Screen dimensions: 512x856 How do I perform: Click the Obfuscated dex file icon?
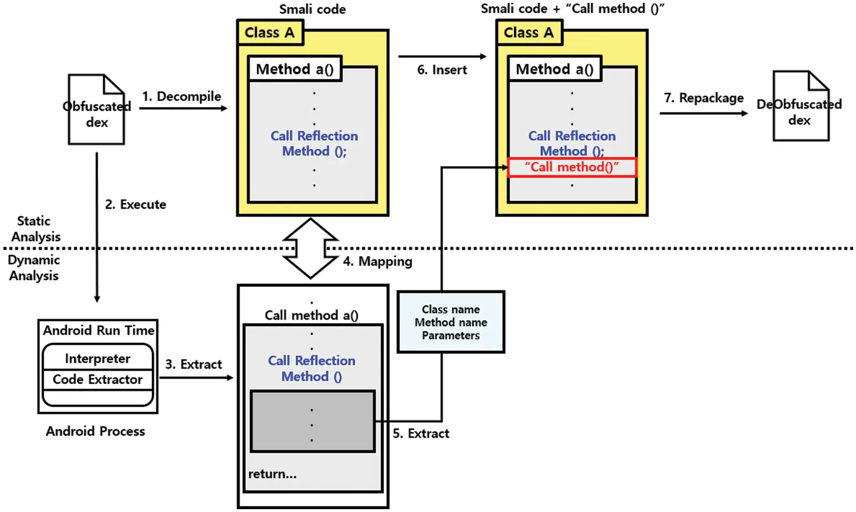[x=96, y=110]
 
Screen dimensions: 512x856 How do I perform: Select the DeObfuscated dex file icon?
[x=800, y=107]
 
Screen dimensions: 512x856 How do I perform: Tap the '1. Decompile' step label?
[x=181, y=96]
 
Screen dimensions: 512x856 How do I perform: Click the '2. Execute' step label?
[x=135, y=204]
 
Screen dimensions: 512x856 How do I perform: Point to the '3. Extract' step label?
[x=193, y=364]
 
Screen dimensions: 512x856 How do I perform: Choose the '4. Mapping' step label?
[x=377, y=261]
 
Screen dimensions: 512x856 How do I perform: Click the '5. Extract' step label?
[x=421, y=433]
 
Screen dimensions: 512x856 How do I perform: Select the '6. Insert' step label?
[x=442, y=70]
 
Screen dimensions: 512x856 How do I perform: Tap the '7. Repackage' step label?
[x=704, y=98]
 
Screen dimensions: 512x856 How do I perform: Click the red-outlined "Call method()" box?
[x=572, y=167]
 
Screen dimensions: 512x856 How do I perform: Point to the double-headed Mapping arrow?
[x=310, y=248]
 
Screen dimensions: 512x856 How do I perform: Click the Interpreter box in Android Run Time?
[x=98, y=358]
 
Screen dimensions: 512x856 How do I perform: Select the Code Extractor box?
[x=98, y=380]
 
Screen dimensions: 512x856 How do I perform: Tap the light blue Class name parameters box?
[x=451, y=322]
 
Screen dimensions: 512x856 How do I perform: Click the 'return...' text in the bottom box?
[x=272, y=474]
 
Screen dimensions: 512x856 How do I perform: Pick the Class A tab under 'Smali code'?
[x=269, y=33]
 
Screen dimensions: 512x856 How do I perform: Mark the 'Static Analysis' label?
[x=35, y=229]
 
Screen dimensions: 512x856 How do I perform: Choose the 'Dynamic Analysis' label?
[x=34, y=268]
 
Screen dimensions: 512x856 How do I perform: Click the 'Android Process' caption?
[x=95, y=432]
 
